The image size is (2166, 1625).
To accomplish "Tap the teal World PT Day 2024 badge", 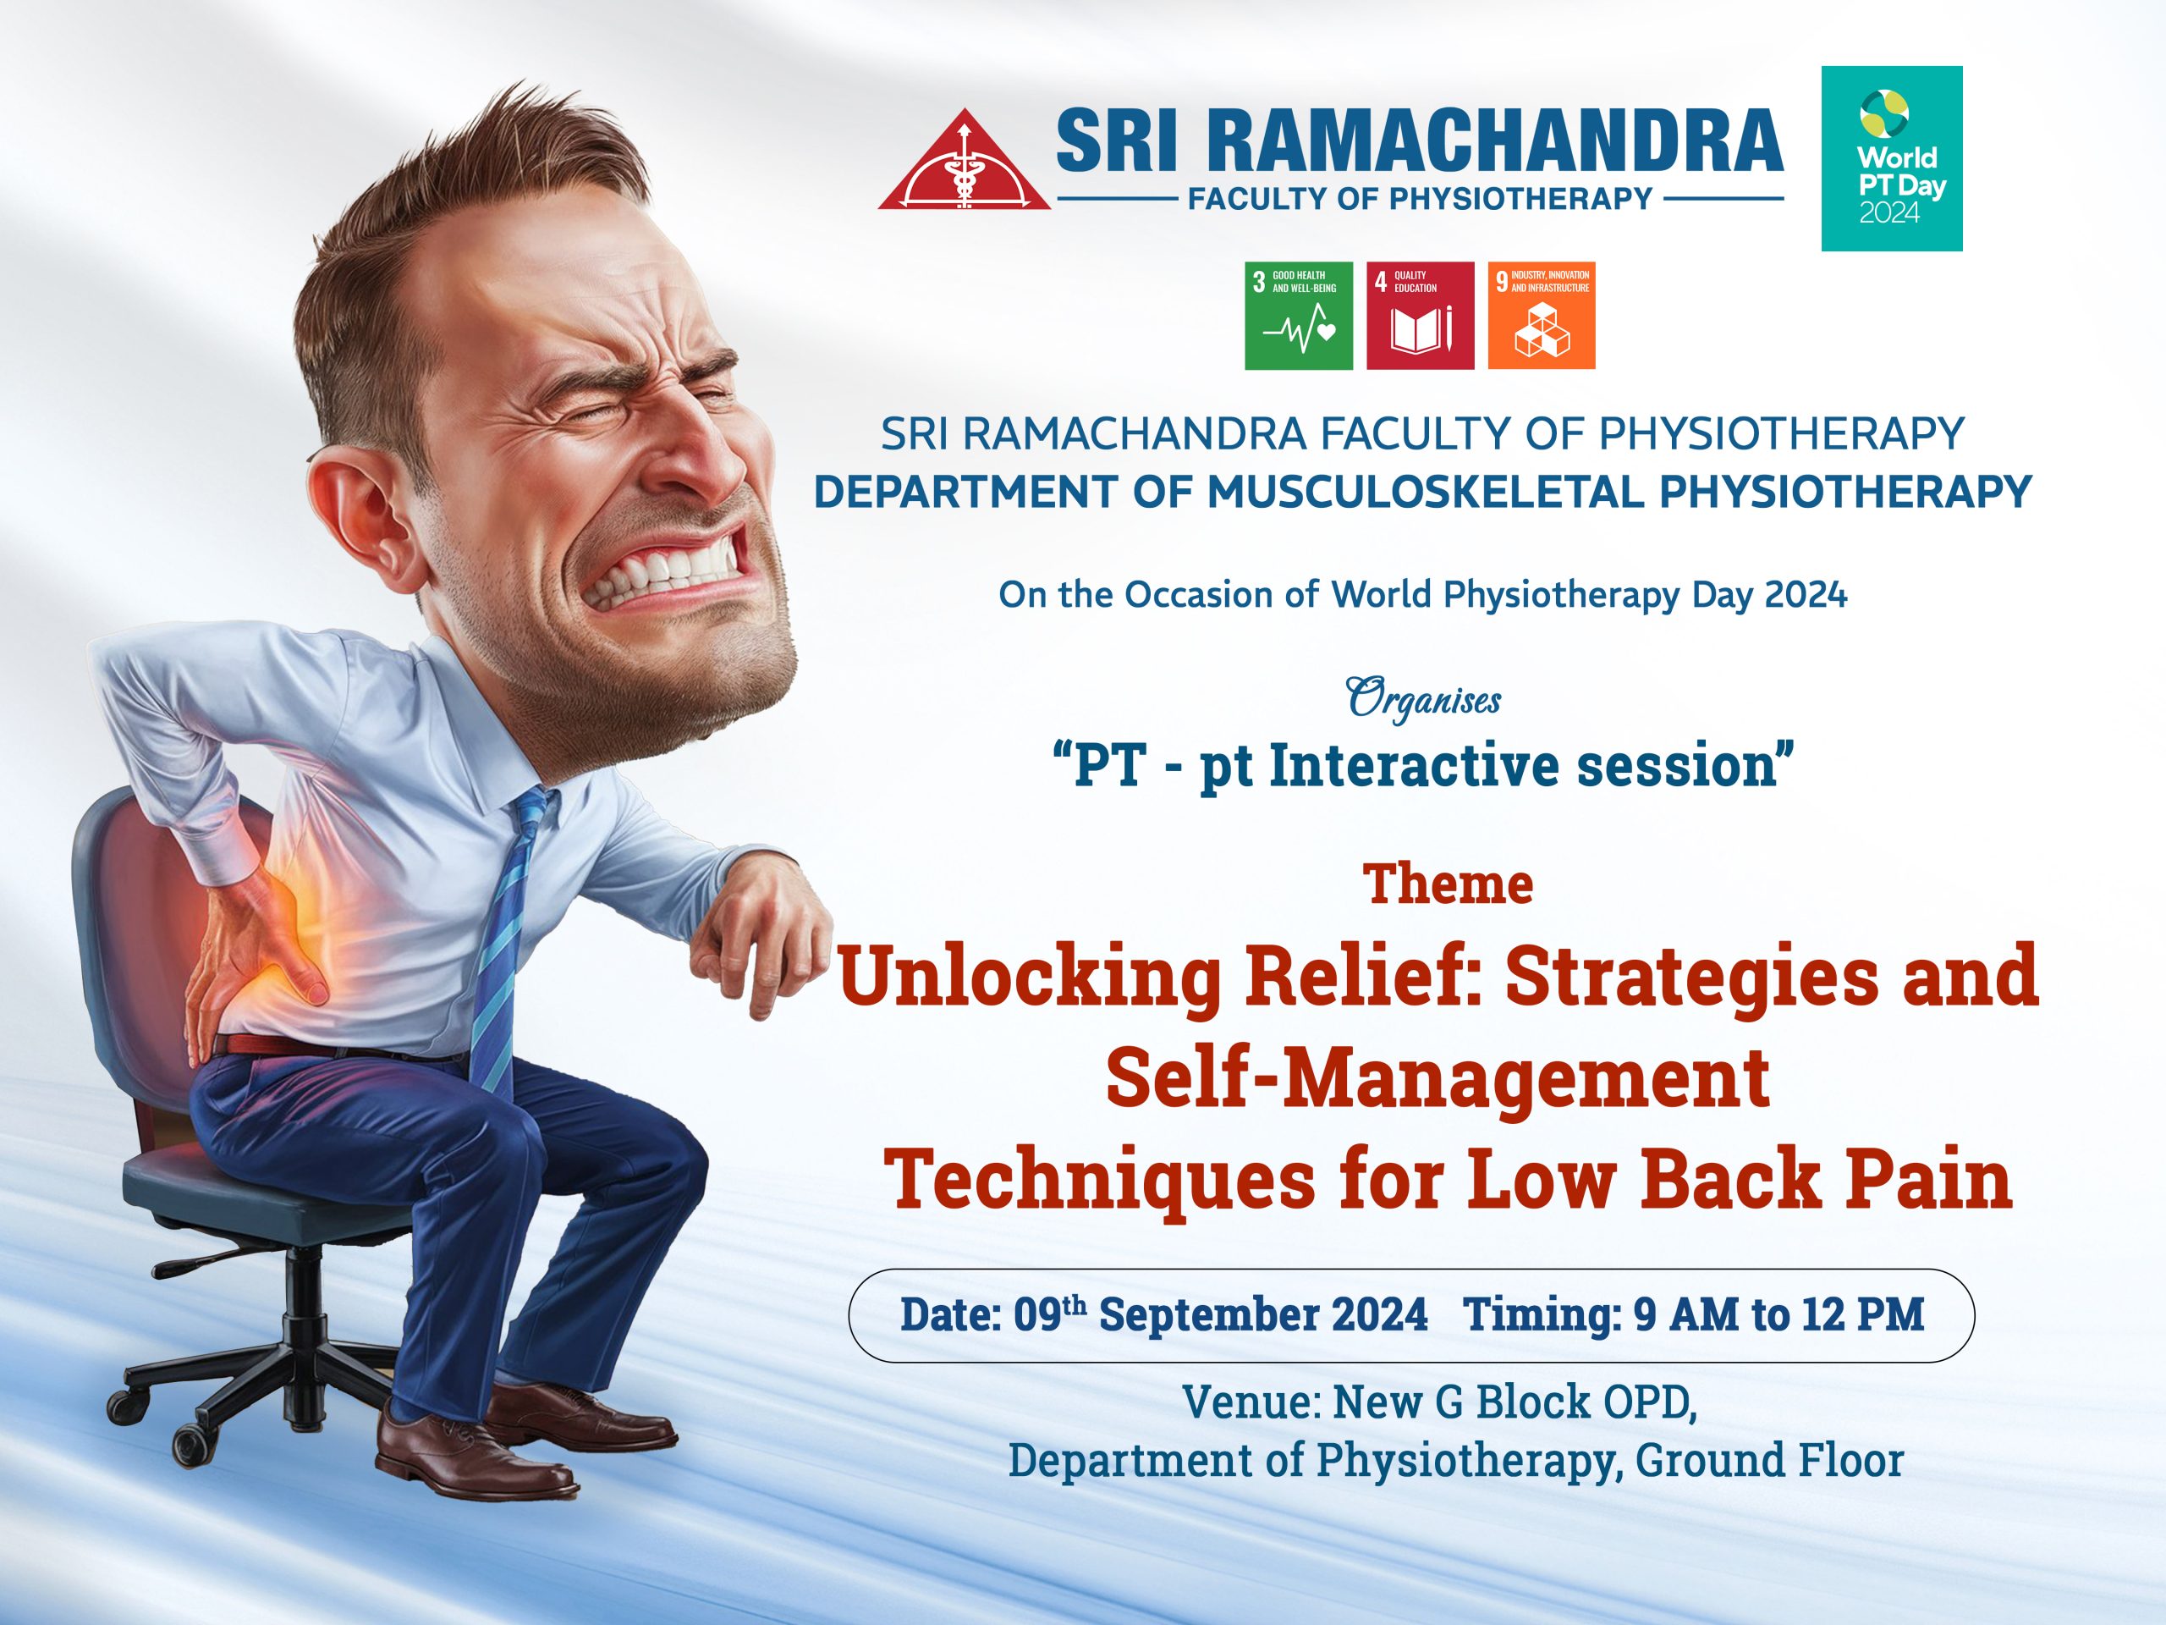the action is click(x=1892, y=158).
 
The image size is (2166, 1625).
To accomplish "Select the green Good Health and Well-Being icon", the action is click(x=1299, y=316).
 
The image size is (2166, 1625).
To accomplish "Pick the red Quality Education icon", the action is click(x=1420, y=316).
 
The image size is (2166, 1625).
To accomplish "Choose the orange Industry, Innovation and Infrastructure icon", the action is click(x=1542, y=316).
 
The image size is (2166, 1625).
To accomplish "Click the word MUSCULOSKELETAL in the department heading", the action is click(x=1425, y=492).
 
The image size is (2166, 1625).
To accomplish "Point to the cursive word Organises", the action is click(x=1424, y=700).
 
